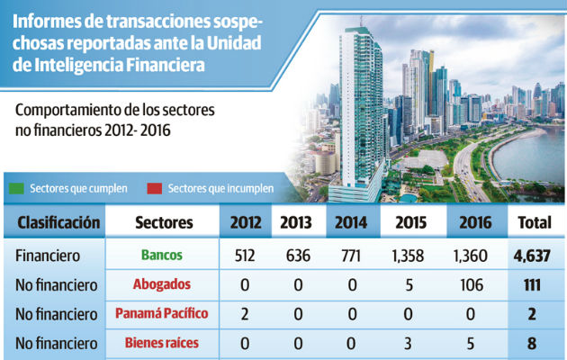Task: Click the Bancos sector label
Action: [x=161, y=256]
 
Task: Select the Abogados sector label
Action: [x=161, y=284]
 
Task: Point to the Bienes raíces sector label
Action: [x=161, y=342]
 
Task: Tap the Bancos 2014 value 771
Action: [x=352, y=256]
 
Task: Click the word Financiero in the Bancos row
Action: [x=48, y=256]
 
